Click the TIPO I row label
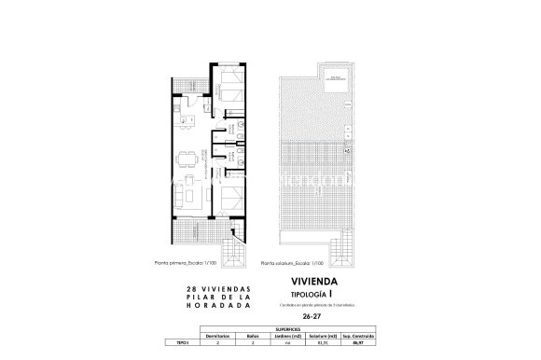point(183,341)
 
